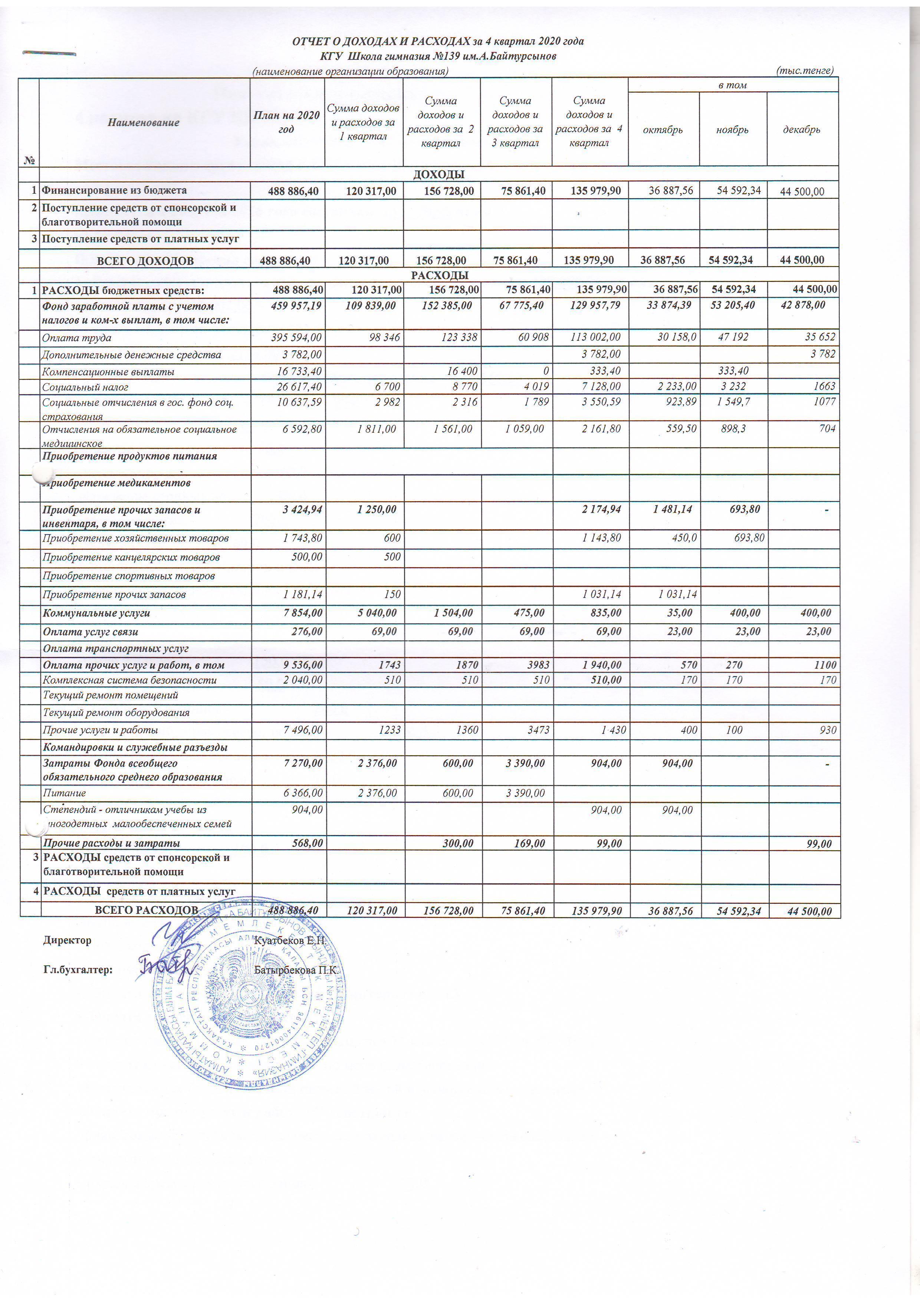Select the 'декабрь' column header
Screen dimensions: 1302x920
pyautogui.click(x=802, y=129)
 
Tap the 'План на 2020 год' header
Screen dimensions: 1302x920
pyautogui.click(x=287, y=122)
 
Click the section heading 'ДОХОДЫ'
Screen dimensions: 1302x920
pyautogui.click(x=439, y=174)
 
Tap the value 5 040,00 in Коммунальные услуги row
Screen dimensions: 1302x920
pyautogui.click(x=377, y=613)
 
